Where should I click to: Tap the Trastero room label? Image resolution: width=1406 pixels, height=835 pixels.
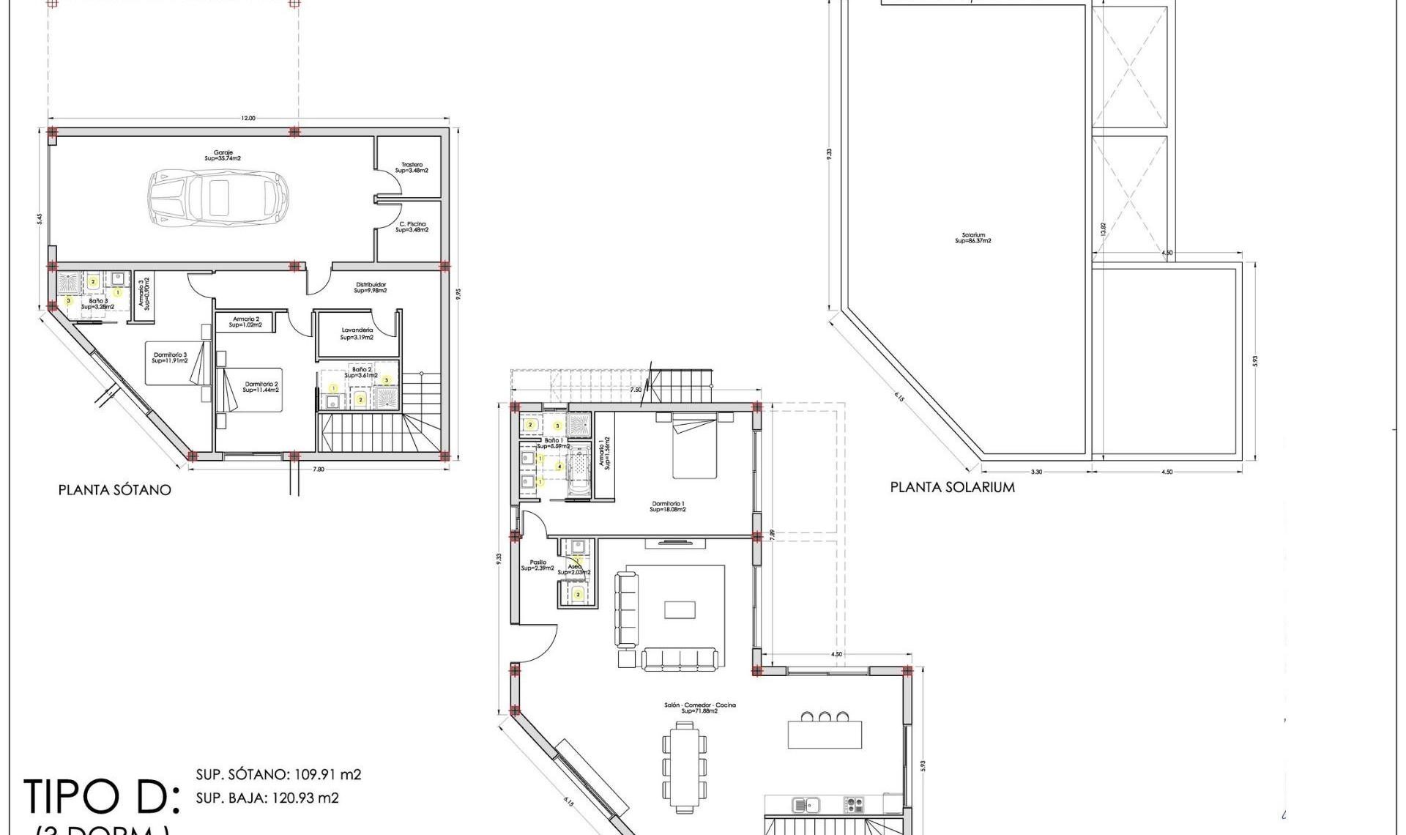[x=412, y=168]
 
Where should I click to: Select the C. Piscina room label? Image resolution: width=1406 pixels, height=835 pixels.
[x=412, y=227]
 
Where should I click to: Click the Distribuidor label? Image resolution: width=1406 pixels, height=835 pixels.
[x=371, y=287]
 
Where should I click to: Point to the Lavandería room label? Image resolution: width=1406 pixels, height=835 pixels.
[x=357, y=334]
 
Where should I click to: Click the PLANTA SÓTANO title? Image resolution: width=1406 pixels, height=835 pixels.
[x=114, y=490]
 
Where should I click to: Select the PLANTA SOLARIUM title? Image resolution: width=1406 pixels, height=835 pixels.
[x=952, y=487]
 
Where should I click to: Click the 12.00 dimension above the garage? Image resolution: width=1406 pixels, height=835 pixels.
[x=248, y=118]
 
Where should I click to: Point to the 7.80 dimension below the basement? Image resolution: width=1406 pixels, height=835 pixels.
[x=319, y=469]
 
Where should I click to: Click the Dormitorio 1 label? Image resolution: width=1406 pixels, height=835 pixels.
[x=667, y=506]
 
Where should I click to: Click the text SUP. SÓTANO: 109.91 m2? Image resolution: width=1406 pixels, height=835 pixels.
[x=278, y=774]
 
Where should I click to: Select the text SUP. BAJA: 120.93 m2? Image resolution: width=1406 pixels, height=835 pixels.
[x=267, y=798]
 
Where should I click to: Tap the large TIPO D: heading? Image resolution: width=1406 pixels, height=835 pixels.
[x=101, y=797]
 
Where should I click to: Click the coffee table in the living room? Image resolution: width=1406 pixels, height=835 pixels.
[x=680, y=610]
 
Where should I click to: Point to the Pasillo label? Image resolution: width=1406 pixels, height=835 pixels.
[x=538, y=565]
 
